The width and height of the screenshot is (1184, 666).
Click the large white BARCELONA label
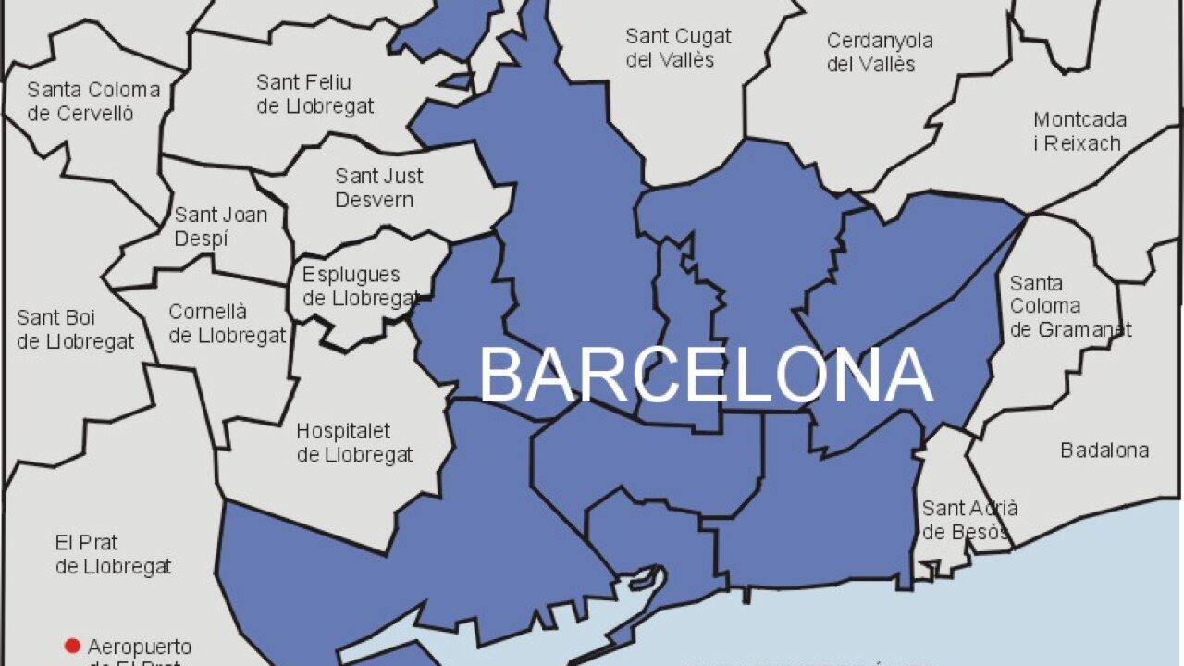706,376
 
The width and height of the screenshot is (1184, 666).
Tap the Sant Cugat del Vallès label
678,48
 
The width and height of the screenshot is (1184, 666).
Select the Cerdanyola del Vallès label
879,52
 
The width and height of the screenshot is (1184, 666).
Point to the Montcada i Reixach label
1079,131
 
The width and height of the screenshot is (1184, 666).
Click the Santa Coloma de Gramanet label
1070,306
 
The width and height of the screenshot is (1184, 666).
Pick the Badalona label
1104,450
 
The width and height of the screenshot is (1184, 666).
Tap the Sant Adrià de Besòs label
968,520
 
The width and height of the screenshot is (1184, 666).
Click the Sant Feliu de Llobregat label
314,93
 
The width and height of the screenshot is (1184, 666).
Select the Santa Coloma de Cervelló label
92,102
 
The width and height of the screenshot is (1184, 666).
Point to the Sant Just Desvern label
378,187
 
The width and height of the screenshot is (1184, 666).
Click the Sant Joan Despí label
221,227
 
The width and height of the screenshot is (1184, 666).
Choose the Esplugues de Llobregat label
360,286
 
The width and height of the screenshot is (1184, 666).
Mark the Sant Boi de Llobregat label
75,329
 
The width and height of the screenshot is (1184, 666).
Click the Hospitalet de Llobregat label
354,443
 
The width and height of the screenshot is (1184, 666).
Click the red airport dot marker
71,646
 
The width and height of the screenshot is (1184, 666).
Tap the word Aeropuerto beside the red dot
139,647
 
